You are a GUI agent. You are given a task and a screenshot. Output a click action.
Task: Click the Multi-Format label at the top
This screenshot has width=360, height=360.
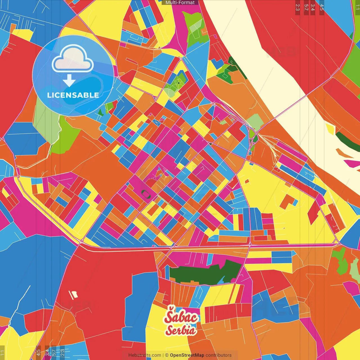(x=180, y=3)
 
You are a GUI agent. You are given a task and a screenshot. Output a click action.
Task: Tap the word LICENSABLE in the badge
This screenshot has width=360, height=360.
(x=73, y=95)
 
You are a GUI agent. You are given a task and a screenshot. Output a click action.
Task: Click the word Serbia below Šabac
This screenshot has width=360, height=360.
(x=181, y=330)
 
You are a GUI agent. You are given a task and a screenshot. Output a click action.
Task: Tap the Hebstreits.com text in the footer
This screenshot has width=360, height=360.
(x=145, y=355)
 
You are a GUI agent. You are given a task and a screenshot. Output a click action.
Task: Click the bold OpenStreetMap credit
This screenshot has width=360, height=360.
(x=187, y=355)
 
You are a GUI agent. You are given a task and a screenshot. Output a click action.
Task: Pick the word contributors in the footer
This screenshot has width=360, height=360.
(x=219, y=355)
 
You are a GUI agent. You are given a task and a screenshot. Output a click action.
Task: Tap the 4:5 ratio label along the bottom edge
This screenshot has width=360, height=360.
(x=38, y=352)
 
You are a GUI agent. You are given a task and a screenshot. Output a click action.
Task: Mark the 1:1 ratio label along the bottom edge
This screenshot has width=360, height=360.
(x=2, y=352)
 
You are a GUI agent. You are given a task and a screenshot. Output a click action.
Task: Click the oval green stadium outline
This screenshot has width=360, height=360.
(x=146, y=194)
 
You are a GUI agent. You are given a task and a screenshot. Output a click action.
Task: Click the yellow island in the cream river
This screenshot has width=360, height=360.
(x=331, y=129)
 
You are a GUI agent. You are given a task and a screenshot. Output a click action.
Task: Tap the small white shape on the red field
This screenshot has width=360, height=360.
(x=74, y=295)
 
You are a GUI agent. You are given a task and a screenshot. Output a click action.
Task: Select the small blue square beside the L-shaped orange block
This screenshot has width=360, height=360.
(x=295, y=202)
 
